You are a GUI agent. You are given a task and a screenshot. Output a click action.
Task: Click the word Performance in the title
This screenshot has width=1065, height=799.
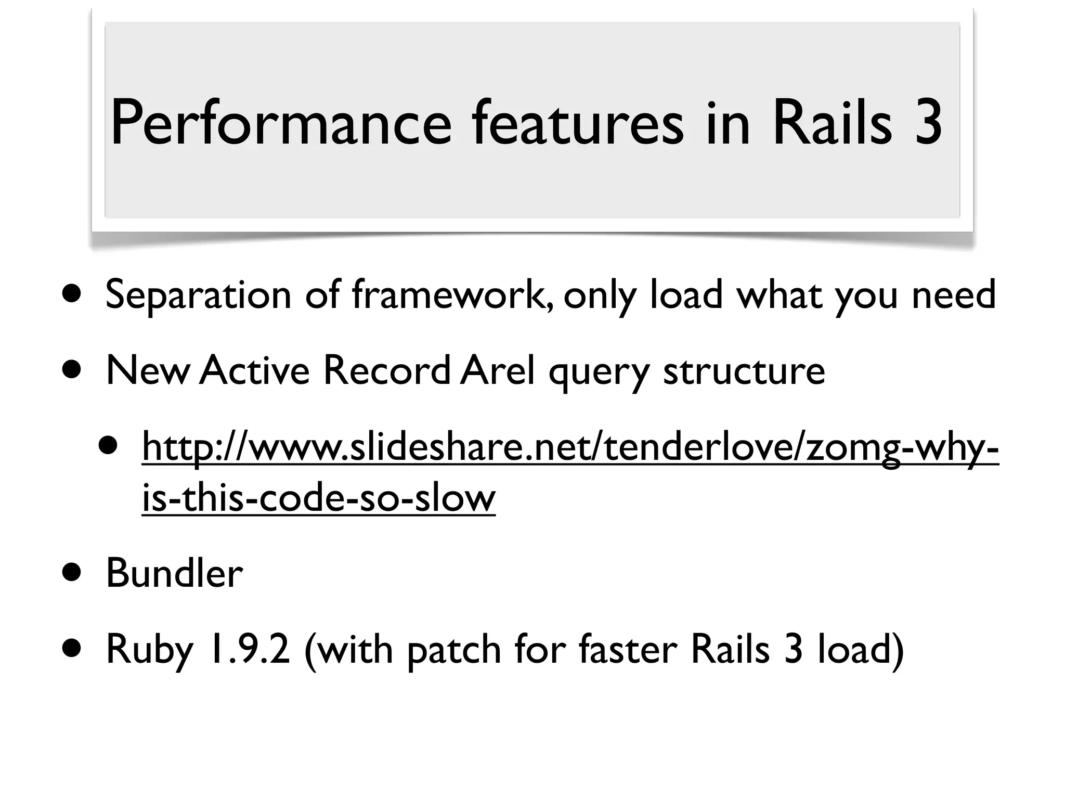pos(281,124)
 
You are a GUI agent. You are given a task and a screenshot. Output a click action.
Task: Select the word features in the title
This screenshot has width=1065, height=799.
pos(577,124)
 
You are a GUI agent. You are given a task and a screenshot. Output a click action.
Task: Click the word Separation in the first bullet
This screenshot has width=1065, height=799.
pos(198,295)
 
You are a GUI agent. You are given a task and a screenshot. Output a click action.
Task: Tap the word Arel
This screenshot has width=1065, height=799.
pos(498,370)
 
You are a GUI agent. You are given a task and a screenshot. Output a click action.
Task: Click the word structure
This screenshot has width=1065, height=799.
pos(744,370)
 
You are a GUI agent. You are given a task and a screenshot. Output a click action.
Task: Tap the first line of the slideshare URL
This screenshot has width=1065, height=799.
pos(570,447)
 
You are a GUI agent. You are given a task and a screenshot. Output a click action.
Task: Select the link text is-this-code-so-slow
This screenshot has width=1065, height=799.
pos(318,497)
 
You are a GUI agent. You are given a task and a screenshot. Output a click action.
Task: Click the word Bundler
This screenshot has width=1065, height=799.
pos(174,573)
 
